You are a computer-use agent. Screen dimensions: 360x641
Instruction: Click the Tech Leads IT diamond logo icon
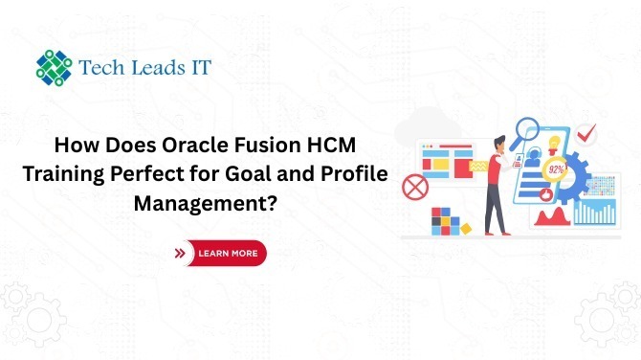click(x=54, y=66)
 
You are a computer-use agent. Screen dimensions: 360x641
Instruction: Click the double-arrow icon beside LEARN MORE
click(x=181, y=254)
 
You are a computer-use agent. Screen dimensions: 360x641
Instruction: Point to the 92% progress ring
click(x=553, y=169)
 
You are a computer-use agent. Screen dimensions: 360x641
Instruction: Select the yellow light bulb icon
click(x=552, y=138)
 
